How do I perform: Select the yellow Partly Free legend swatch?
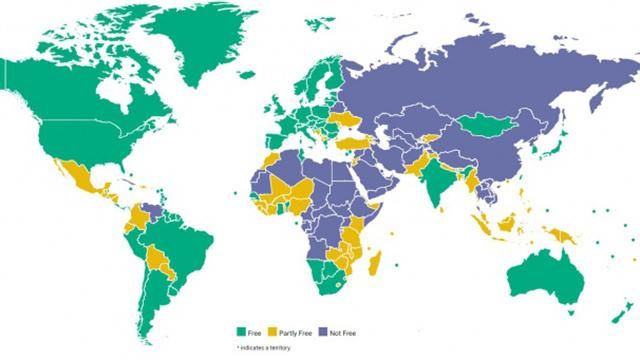point(273,330)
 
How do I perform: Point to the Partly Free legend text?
point(294,330)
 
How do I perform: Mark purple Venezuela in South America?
point(151,211)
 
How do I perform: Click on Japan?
point(548,146)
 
